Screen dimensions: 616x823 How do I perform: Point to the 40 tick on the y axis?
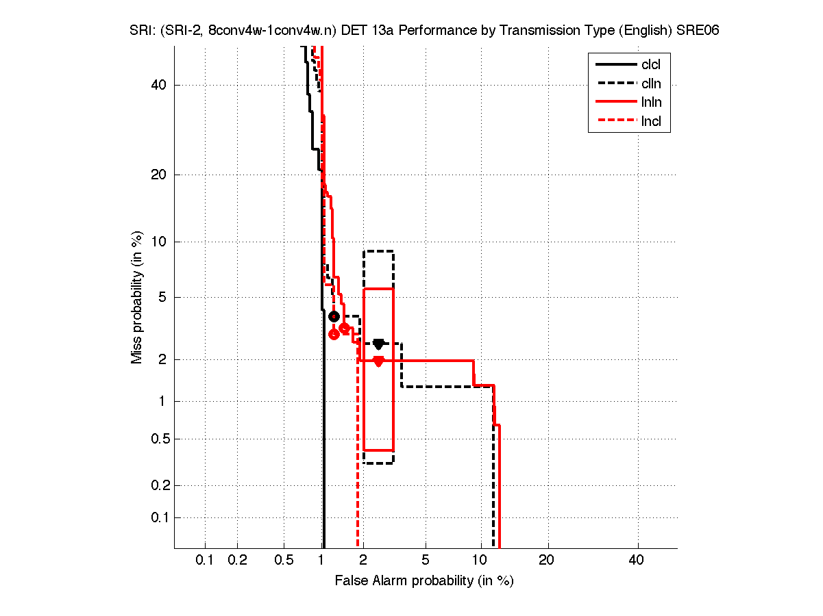(x=160, y=85)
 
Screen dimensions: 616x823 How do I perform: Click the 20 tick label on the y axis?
(x=160, y=175)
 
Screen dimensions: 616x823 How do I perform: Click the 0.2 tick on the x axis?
(x=237, y=561)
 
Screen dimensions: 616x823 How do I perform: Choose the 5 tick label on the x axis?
(x=426, y=561)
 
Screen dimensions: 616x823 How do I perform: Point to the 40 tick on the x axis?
(x=637, y=561)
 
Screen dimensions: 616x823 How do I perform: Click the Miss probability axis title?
(x=138, y=297)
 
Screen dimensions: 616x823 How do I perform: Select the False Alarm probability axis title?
(x=424, y=581)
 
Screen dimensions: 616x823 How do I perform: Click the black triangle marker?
(x=378, y=344)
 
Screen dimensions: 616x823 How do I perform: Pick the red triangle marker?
(x=378, y=361)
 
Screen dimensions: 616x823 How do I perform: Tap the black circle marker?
(x=334, y=316)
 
